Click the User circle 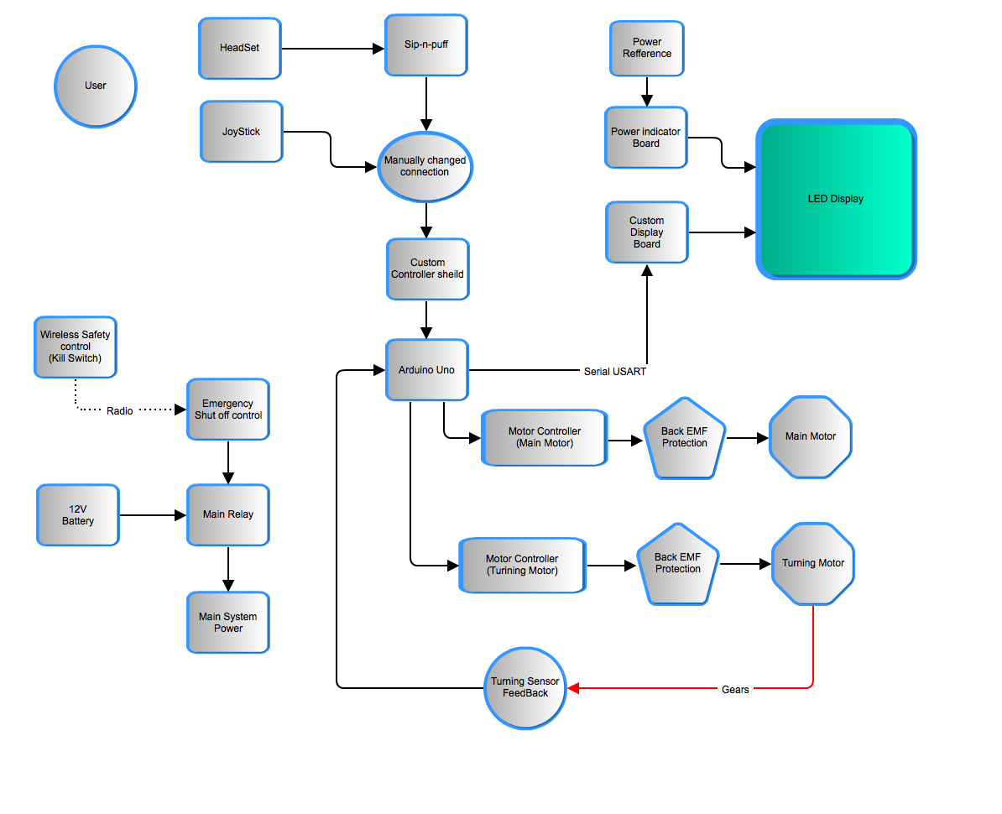[x=95, y=86]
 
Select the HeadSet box [x=240, y=49]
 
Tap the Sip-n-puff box [x=426, y=44]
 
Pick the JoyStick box [x=242, y=132]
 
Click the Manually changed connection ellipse [x=425, y=166]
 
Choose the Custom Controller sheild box [x=427, y=269]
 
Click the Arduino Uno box [x=426, y=370]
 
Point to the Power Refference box [x=646, y=49]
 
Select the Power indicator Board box [x=646, y=138]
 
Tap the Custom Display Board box [x=646, y=232]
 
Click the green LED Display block [x=836, y=200]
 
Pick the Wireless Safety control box [x=75, y=347]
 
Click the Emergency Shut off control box [x=227, y=410]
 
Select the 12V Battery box [x=78, y=515]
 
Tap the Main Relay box [x=227, y=514]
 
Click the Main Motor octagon [x=811, y=437]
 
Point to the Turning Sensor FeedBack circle [x=525, y=688]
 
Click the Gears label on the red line [x=735, y=690]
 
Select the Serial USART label [x=615, y=371]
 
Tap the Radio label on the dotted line [x=120, y=411]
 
